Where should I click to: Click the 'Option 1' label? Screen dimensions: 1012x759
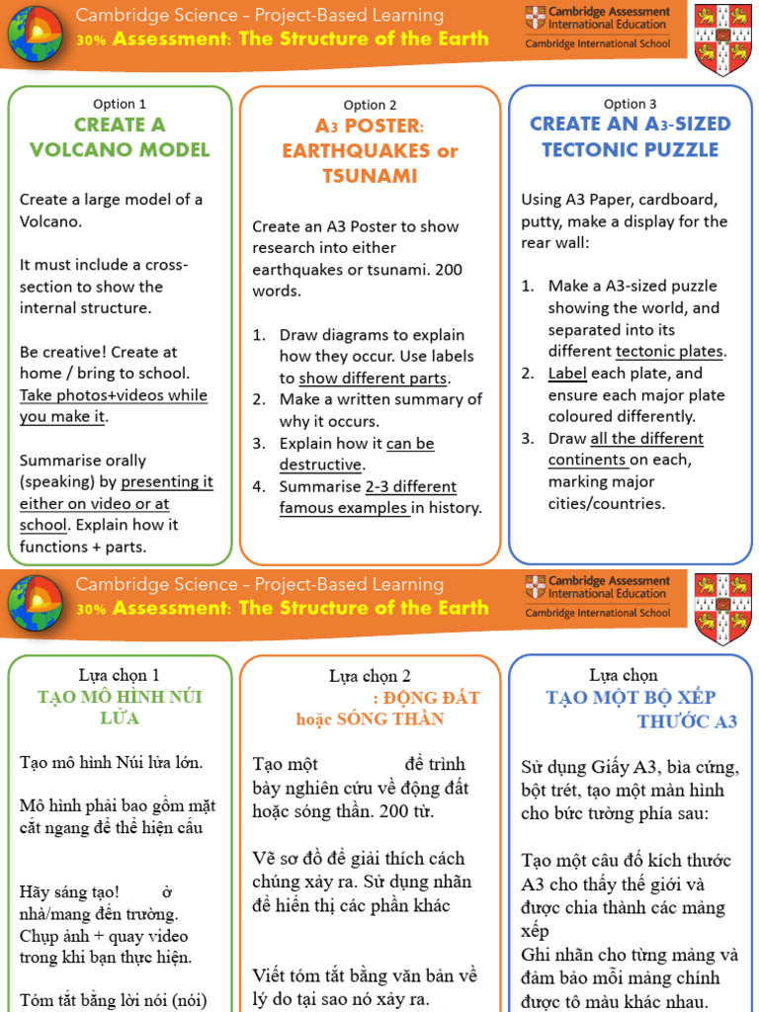pos(120,104)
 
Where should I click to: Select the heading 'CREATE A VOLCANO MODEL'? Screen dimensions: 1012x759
pos(120,137)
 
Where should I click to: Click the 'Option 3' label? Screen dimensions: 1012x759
pos(630,104)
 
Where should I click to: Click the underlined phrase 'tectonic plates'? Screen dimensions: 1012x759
pos(670,352)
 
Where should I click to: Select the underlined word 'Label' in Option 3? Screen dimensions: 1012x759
pos(567,374)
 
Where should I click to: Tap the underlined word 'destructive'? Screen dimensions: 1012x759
pos(320,464)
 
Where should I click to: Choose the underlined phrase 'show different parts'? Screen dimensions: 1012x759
pos(374,379)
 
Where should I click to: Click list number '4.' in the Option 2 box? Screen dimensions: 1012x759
pos(259,486)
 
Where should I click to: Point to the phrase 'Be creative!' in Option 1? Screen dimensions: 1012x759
pos(63,352)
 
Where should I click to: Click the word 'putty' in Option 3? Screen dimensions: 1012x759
pos(544,221)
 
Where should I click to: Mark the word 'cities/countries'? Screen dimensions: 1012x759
pos(607,504)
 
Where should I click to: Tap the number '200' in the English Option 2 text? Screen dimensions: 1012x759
pos(447,269)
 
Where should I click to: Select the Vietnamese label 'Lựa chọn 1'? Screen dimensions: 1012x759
pos(120,676)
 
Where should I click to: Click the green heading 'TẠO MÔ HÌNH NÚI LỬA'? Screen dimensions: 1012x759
pos(120,708)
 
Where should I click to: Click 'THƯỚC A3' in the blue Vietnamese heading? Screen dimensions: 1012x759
pos(687,721)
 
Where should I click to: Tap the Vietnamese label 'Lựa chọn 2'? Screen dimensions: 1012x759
pos(370,676)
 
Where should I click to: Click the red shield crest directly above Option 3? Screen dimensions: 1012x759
pos(722,39)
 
